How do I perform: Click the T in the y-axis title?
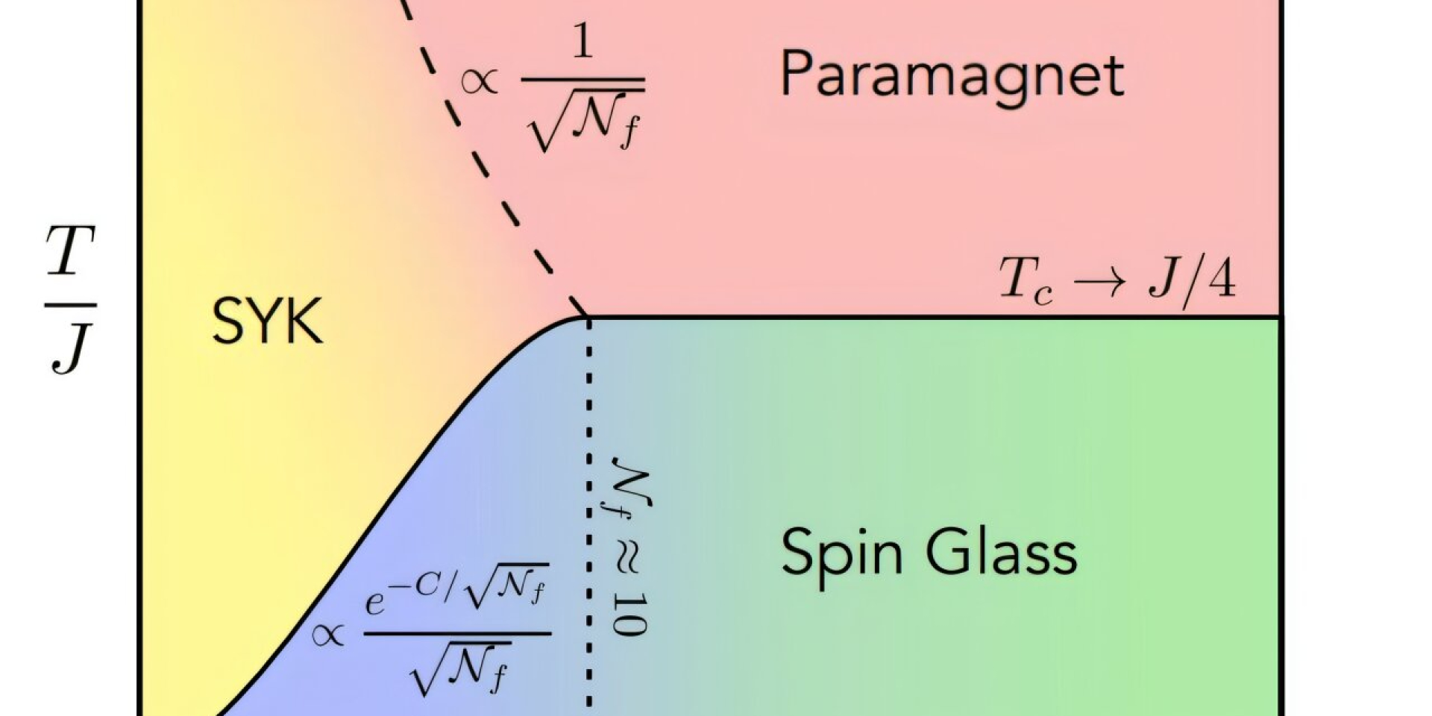pyautogui.click(x=70, y=251)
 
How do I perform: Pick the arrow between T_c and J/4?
pyautogui.click(x=1100, y=282)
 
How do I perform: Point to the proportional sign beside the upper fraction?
pyautogui.click(x=479, y=81)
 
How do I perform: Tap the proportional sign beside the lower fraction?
pyautogui.click(x=328, y=635)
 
